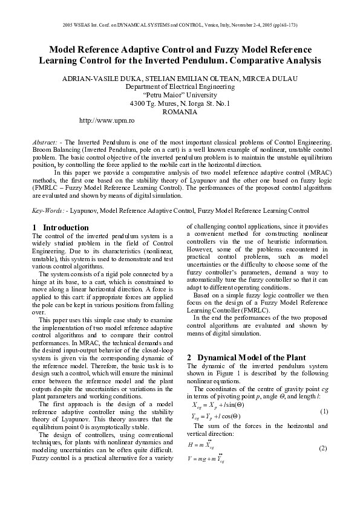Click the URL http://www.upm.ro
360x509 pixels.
(x=106, y=121)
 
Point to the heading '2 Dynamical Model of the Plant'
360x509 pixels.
(x=246, y=357)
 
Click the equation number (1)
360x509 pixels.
(x=323, y=411)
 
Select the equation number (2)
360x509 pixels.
(x=323, y=448)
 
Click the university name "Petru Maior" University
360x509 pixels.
(x=180, y=95)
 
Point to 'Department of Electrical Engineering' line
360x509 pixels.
(x=180, y=86)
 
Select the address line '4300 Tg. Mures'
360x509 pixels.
(x=180, y=103)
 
